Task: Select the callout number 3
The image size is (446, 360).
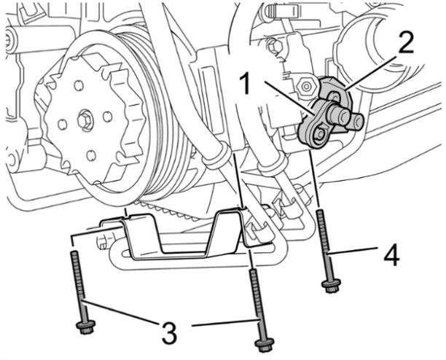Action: tap(169, 333)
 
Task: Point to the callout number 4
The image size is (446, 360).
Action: tap(391, 256)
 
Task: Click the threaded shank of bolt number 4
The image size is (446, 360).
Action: tap(323, 240)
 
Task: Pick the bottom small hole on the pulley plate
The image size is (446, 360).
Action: tap(92, 154)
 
